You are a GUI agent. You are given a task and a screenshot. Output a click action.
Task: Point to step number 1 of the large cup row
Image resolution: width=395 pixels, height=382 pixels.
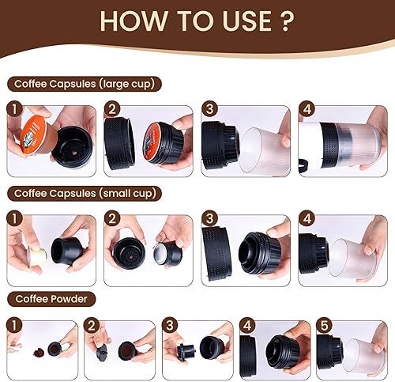[x=13, y=112]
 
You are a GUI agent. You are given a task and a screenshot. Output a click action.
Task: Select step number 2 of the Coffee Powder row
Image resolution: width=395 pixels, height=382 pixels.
[x=91, y=325]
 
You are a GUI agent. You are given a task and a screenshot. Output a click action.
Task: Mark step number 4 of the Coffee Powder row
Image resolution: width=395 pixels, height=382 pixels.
[x=245, y=325]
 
